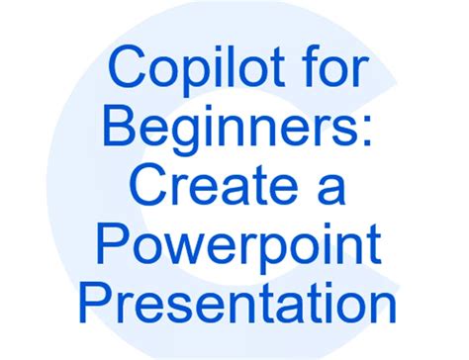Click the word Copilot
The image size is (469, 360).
point(197,71)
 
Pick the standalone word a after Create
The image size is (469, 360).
point(331,189)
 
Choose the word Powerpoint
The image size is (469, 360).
point(238,243)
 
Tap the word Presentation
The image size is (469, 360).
point(237,302)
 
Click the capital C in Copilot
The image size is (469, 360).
point(127,66)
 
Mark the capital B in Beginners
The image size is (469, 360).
point(120,125)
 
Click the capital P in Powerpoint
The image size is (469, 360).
point(113,242)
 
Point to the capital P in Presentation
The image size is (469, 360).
point(95,302)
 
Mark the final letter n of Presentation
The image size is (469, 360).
point(383,307)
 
